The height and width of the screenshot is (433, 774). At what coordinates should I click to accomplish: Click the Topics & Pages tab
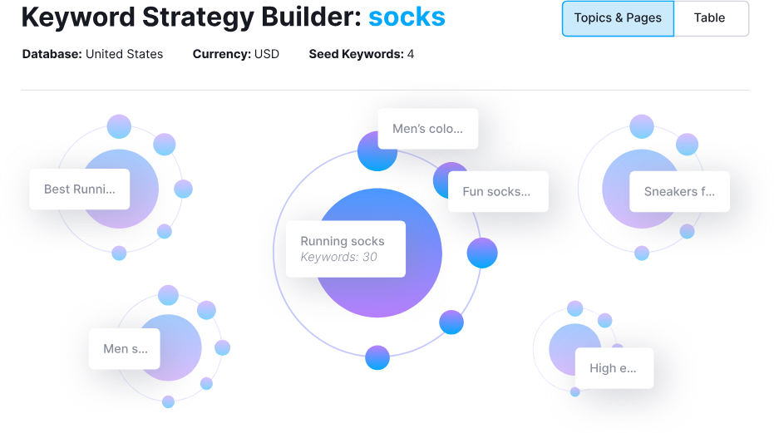tap(618, 18)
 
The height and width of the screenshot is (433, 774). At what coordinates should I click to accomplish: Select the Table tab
tap(709, 18)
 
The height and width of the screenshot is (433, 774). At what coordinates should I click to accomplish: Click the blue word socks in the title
tap(407, 17)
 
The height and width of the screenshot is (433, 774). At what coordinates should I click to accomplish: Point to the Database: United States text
tap(92, 55)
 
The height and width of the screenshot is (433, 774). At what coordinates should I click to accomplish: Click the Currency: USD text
tap(235, 55)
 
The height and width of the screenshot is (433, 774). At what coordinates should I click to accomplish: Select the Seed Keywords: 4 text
tap(361, 55)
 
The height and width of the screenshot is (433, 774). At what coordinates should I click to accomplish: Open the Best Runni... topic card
tap(80, 189)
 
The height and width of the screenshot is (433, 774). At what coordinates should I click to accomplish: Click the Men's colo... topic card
tap(427, 129)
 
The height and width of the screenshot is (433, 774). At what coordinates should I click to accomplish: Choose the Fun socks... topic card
tap(496, 192)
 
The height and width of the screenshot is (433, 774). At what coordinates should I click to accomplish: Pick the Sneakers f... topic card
tap(679, 192)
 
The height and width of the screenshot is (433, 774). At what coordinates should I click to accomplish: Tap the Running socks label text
tap(342, 241)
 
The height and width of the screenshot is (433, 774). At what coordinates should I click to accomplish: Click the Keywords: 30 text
tap(338, 258)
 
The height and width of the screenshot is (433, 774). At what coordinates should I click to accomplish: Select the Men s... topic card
tap(124, 349)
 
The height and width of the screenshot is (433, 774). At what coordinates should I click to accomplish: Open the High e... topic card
tap(614, 368)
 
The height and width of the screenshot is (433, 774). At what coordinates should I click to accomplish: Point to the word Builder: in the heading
tap(312, 17)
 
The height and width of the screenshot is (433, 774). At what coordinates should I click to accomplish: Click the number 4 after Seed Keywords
tap(411, 55)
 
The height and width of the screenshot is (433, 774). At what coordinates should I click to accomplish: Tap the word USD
tap(267, 55)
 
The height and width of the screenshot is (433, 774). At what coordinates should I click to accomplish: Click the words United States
tap(125, 55)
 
